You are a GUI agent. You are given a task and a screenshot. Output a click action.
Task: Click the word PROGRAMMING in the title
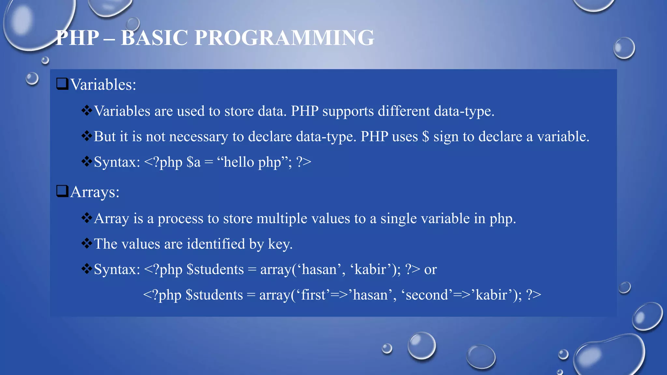point(284,38)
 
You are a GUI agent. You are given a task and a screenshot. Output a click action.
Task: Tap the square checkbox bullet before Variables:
point(62,84)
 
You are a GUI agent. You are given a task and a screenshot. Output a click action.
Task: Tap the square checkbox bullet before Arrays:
point(62,191)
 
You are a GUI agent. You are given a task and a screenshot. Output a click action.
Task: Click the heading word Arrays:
point(95,192)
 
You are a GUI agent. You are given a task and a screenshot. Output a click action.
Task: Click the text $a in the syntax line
point(193,162)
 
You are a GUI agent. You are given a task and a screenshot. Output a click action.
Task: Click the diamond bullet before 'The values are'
point(87,243)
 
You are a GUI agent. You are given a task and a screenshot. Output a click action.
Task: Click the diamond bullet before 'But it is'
point(87,136)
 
